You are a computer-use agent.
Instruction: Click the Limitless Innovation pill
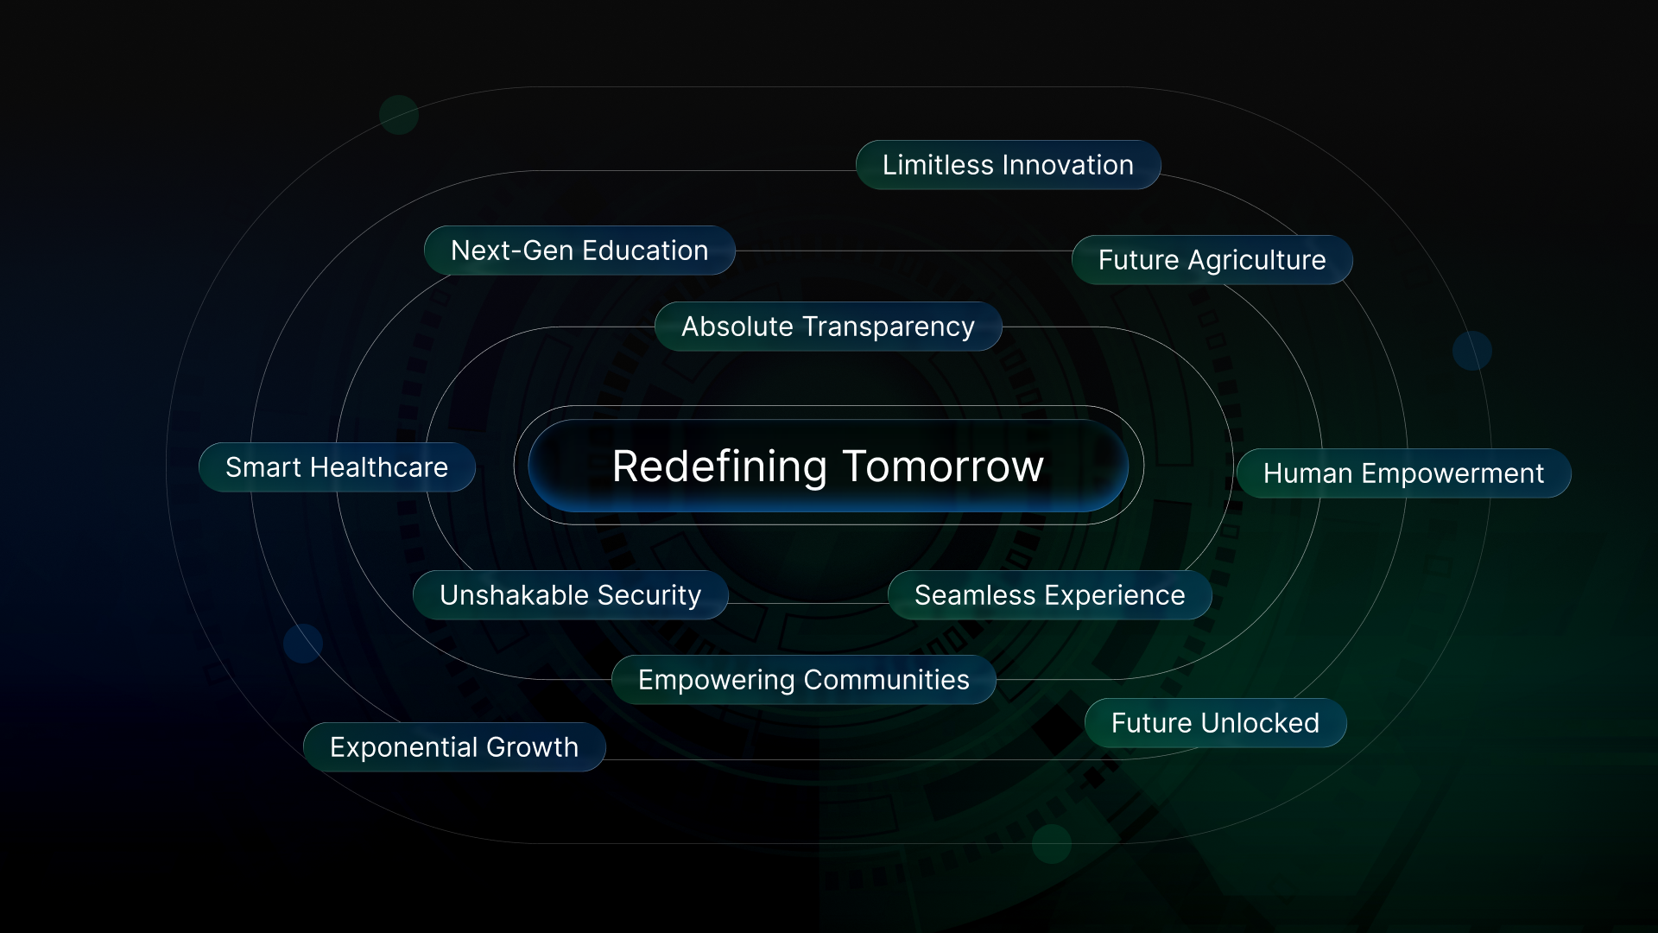[x=1008, y=165]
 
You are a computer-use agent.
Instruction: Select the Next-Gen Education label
[x=579, y=251]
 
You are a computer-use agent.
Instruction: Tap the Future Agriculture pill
[x=1212, y=260]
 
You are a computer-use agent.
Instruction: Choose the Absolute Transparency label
[x=828, y=327]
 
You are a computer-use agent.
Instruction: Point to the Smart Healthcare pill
[x=337, y=467]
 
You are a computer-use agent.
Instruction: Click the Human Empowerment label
[x=1403, y=473]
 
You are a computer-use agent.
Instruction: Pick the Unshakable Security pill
[x=570, y=595]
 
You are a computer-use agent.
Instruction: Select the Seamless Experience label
[x=1049, y=595]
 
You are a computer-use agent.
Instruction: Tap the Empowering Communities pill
[x=803, y=680]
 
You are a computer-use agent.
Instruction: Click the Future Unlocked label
[x=1215, y=723]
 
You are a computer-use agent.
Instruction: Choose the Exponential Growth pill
[x=454, y=747]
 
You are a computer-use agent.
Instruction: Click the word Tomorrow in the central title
[x=943, y=466]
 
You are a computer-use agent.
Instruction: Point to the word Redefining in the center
[x=720, y=467]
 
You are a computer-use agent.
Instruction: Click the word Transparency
[x=889, y=327]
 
